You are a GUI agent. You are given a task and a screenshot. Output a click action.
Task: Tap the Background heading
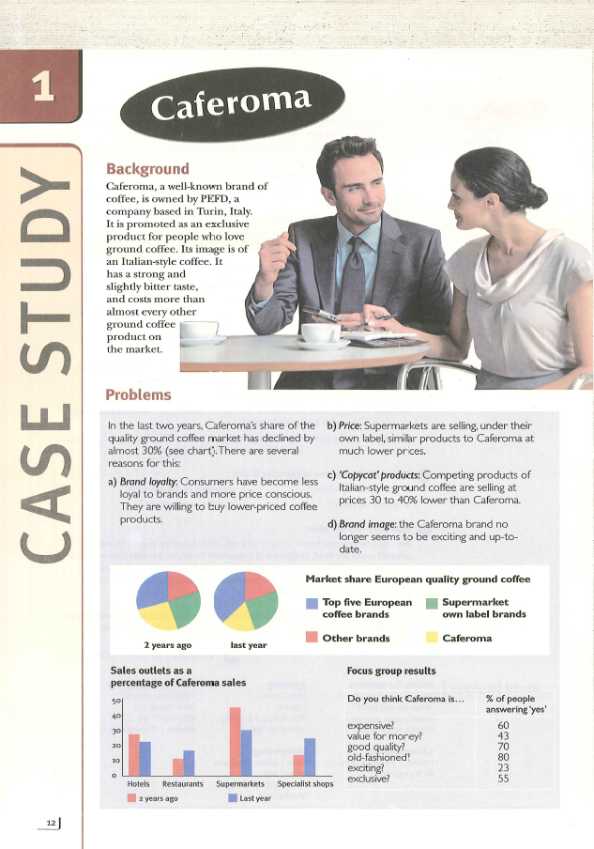147,169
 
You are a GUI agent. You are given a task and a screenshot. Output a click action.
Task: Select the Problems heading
138,395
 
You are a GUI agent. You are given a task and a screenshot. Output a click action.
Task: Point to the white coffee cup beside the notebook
319,332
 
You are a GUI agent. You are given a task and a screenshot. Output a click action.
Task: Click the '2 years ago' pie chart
169,602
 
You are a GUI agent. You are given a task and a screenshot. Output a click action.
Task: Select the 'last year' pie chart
248,602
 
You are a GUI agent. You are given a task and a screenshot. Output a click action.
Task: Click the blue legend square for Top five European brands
312,603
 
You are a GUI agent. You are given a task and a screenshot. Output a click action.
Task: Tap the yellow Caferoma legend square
432,639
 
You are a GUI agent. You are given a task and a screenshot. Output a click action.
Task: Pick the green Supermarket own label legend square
432,603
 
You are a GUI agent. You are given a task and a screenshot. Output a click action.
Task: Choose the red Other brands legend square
312,639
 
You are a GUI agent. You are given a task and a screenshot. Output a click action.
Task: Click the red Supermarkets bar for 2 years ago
235,742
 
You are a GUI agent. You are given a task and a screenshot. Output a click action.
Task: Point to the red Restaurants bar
177,767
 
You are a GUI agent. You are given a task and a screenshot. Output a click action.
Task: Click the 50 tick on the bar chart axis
116,702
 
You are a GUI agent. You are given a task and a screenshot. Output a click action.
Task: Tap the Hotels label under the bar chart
138,784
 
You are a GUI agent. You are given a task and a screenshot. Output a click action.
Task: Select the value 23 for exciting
503,768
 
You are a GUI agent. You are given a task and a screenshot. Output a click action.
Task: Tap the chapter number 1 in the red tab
41,87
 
